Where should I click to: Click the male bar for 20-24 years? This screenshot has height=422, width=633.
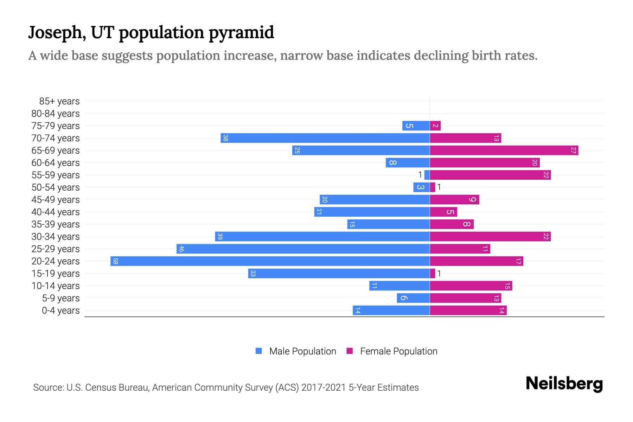coord(270,261)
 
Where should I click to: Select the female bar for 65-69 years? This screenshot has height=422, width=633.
coord(504,151)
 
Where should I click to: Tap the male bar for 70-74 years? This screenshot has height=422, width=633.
coord(325,138)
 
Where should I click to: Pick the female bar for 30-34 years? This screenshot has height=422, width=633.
coord(490,237)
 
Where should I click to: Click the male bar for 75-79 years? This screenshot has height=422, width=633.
coord(416,126)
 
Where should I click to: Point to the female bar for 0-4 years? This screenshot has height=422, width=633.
coord(468,311)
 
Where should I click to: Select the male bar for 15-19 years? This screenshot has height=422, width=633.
coord(339,274)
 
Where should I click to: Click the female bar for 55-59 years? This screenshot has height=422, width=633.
coord(490,175)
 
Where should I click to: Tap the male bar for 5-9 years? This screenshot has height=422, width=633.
coord(413,298)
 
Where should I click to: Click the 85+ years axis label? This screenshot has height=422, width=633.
coord(59,101)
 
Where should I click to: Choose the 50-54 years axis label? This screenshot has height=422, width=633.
coord(56,187)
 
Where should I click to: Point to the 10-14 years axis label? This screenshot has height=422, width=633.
coord(56,286)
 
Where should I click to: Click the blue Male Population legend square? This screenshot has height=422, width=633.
coord(259,351)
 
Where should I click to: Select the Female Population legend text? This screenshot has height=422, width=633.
coord(398,351)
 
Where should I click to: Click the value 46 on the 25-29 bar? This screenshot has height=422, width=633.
coord(181,249)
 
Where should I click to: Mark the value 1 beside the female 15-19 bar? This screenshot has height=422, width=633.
coord(439,274)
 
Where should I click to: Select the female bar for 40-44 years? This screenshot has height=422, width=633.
coord(443,212)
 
